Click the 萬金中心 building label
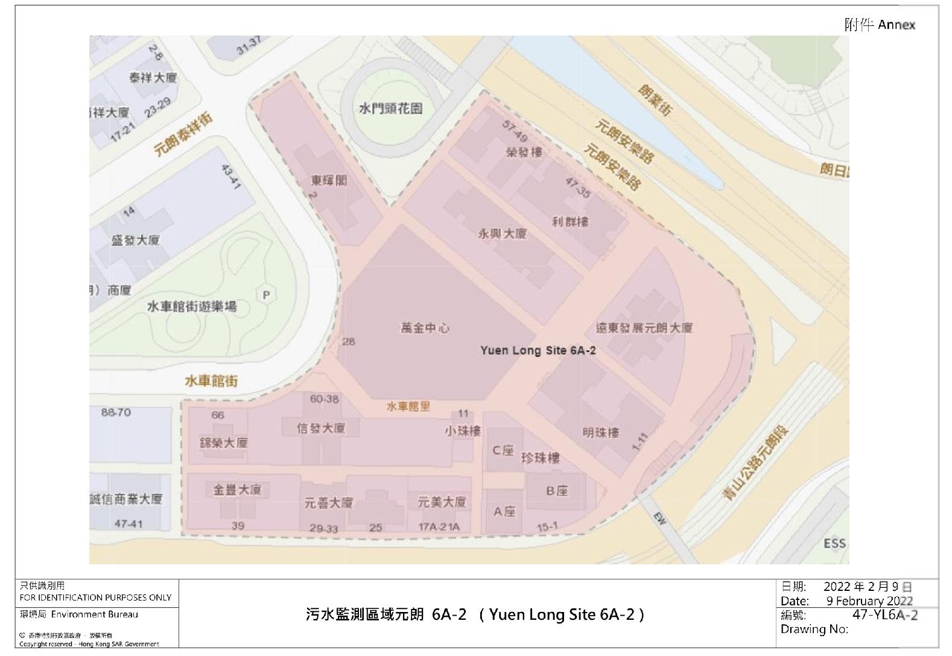(x=425, y=328)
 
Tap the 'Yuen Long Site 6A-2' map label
(x=538, y=350)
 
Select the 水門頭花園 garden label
(x=390, y=109)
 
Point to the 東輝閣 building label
(x=329, y=180)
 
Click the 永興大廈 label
(x=502, y=233)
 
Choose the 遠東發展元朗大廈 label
(x=644, y=328)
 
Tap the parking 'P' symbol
(x=265, y=295)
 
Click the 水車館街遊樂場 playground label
(x=192, y=306)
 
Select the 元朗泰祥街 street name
(x=183, y=135)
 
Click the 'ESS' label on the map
(x=834, y=543)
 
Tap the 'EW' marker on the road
(x=660, y=518)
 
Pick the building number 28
(x=349, y=341)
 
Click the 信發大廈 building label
(x=321, y=427)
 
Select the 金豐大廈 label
(x=237, y=490)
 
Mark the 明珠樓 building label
(x=600, y=432)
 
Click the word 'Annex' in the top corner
(x=896, y=25)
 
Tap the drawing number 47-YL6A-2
(x=885, y=614)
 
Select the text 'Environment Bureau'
(x=95, y=614)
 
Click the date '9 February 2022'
(x=869, y=601)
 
